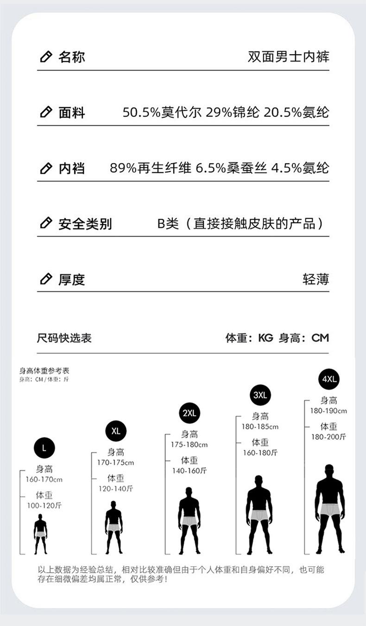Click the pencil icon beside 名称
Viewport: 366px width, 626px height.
45,57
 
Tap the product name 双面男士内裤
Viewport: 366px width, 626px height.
289,57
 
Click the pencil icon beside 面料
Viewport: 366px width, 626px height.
45,112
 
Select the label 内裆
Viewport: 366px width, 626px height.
71,168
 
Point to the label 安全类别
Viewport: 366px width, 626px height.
85,224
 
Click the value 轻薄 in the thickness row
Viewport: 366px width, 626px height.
316,279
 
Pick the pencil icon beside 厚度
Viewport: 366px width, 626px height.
45,279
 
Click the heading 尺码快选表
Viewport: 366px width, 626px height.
64,338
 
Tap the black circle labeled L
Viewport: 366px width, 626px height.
44,448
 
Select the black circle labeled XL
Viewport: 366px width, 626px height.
116,431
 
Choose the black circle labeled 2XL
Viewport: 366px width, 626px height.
189,413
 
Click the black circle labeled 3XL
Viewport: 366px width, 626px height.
260,395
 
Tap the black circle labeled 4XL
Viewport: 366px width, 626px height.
329,379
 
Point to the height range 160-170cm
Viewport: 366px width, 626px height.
44,479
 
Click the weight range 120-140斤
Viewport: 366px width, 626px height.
116,488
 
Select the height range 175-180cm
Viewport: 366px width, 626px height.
189,444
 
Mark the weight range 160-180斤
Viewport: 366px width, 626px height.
260,453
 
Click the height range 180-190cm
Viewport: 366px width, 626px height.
328,411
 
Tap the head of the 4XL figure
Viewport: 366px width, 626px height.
329,469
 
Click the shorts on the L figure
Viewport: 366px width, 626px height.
41,534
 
